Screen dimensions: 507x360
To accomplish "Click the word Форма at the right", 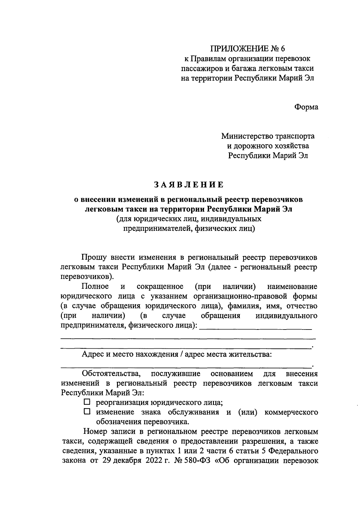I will pos(306,107).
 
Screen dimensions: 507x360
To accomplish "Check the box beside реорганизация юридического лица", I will pos(87,402).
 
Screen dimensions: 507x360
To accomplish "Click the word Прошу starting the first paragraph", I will pos(93,257).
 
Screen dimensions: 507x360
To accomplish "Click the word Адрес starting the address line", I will pos(92,354).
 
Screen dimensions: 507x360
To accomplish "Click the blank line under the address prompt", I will pos(186,366).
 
